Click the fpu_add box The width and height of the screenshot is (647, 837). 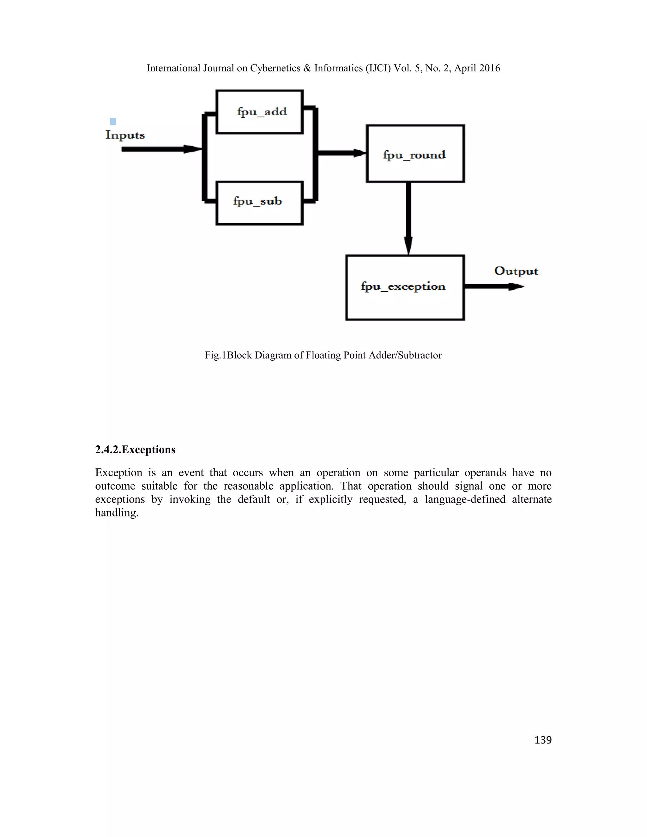[x=259, y=112]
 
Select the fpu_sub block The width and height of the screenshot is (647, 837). [x=259, y=203]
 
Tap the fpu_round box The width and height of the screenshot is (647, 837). [x=415, y=154]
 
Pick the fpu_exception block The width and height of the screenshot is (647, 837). [x=405, y=287]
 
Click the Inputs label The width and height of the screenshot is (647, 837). [x=125, y=135]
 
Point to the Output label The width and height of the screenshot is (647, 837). [x=516, y=271]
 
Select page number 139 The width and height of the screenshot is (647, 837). [x=543, y=740]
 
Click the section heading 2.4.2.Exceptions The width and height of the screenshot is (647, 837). [x=135, y=449]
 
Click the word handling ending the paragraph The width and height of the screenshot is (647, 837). [x=116, y=513]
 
